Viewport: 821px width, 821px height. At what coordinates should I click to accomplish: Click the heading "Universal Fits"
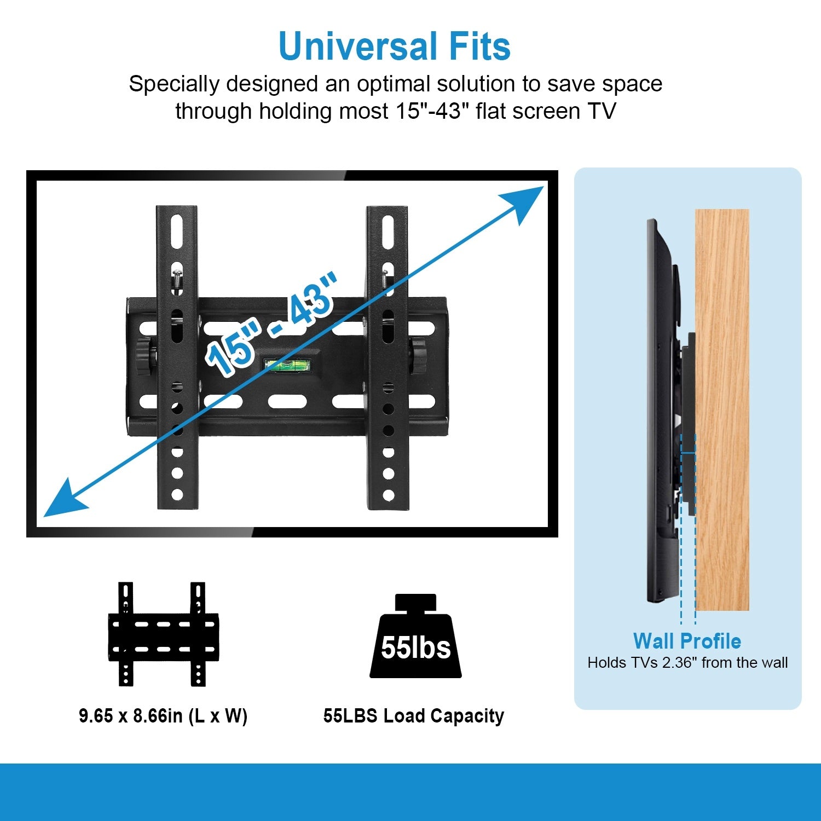(x=394, y=46)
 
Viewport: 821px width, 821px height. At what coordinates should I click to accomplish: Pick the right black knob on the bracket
(x=419, y=356)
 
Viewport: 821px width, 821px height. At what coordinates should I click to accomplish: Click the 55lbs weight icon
(x=415, y=638)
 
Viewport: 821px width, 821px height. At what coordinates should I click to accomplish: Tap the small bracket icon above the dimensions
(x=163, y=634)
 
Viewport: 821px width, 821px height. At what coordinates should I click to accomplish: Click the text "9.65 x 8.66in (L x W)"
(x=163, y=716)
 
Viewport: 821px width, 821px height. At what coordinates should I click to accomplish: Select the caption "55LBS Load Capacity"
(x=413, y=716)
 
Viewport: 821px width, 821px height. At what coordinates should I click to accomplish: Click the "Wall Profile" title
(x=687, y=641)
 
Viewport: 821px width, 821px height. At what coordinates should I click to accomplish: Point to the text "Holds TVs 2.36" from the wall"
(x=687, y=663)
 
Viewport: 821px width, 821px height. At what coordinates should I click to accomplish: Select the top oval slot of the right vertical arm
(x=388, y=233)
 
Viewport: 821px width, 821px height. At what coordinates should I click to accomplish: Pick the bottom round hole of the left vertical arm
(x=177, y=495)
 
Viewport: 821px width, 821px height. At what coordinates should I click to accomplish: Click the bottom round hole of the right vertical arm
(x=388, y=495)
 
